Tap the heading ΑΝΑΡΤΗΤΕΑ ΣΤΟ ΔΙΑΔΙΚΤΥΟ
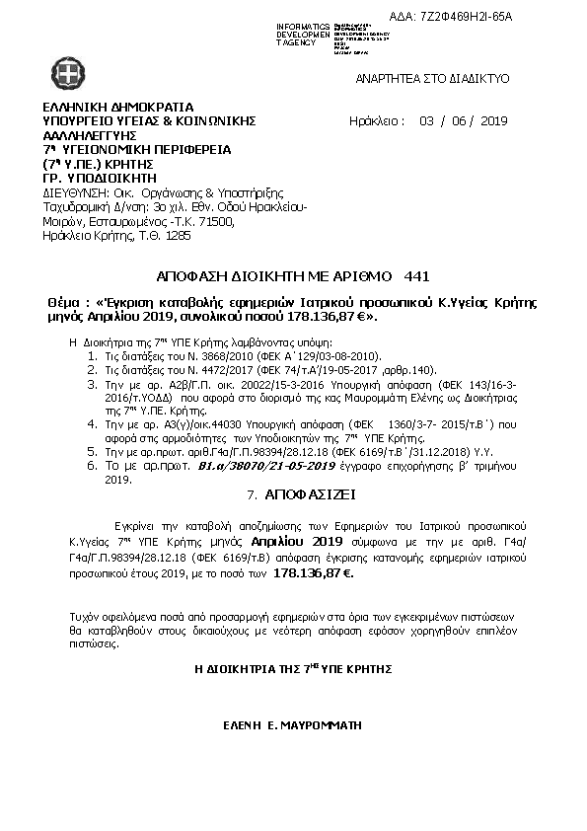(x=431, y=75)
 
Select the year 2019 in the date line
(x=493, y=121)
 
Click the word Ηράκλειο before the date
(x=377, y=121)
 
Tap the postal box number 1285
(x=180, y=236)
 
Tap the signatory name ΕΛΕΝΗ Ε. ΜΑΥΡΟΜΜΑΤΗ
(x=293, y=724)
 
